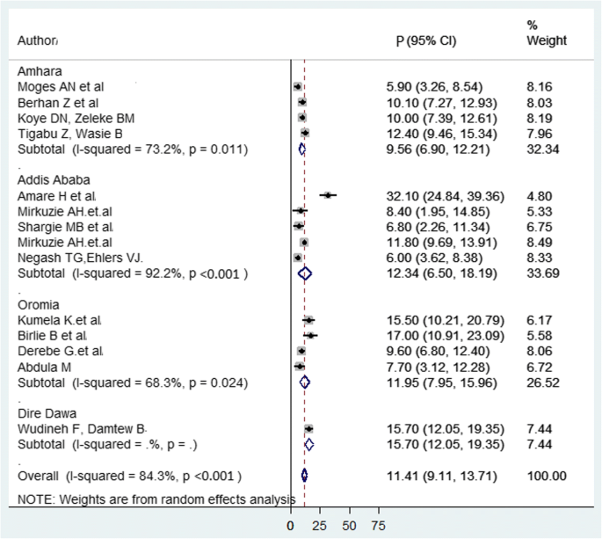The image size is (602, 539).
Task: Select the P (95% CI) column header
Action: point(426,41)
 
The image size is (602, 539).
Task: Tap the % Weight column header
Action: point(546,33)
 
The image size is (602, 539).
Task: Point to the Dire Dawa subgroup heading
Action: point(44,412)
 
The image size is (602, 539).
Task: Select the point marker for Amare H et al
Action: point(328,194)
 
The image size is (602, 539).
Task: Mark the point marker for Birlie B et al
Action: point(310,335)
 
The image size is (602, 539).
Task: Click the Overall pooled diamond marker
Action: point(304,476)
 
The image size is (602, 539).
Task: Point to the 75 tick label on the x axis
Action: point(378,526)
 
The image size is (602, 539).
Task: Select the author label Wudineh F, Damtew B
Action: point(82,428)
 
